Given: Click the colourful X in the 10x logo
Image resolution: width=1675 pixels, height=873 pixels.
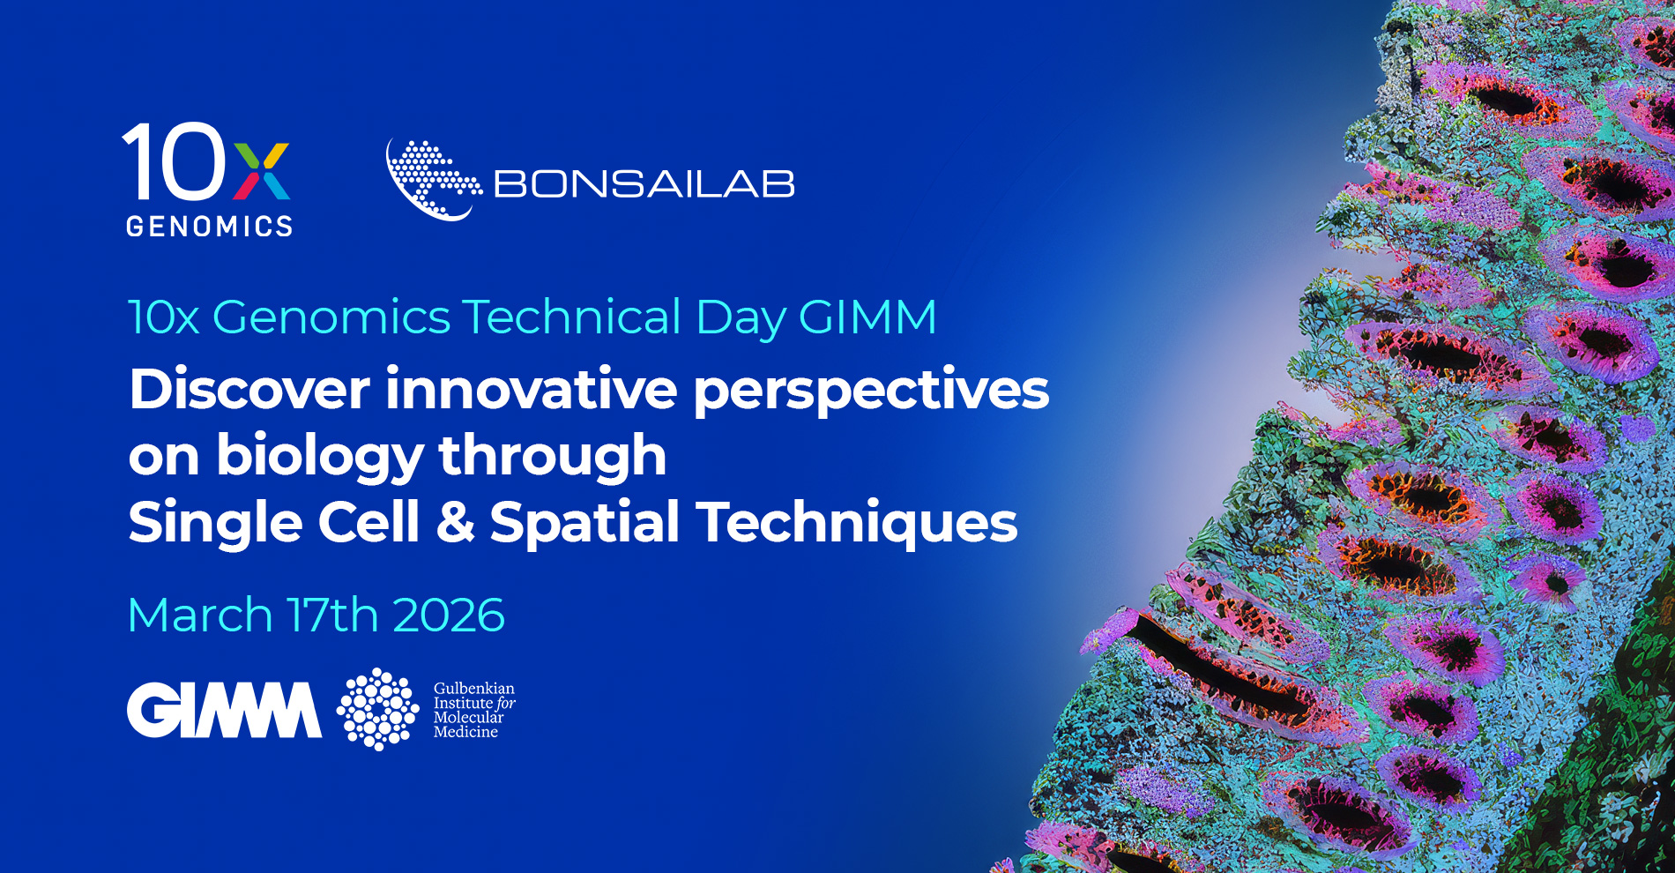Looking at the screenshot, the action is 262,171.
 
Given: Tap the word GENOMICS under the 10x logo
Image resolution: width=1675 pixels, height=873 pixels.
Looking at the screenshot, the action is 210,227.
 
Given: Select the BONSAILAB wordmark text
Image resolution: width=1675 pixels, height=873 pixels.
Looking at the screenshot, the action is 644,184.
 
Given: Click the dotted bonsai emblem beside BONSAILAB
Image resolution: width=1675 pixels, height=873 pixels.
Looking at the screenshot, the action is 433,180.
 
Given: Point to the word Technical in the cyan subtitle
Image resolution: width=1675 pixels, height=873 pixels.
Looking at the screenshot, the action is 572,317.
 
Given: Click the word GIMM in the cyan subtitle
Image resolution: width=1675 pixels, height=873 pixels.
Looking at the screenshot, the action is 867,317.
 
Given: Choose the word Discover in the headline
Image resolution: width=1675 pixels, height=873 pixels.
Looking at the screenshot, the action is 249,389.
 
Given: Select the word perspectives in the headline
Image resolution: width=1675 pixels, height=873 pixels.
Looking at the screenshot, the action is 871,393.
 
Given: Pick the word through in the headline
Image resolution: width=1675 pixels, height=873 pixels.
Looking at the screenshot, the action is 553,455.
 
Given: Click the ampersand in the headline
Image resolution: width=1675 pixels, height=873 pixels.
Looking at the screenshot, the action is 456,522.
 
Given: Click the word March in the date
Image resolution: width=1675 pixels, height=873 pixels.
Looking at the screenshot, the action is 200,615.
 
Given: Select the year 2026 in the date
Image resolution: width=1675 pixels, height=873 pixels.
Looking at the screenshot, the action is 449,615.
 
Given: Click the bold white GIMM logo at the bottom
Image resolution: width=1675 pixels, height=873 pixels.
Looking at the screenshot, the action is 225,710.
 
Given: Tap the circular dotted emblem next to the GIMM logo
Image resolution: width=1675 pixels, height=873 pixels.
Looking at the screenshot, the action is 378,709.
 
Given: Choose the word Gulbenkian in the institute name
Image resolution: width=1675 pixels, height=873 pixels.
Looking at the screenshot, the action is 474,688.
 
